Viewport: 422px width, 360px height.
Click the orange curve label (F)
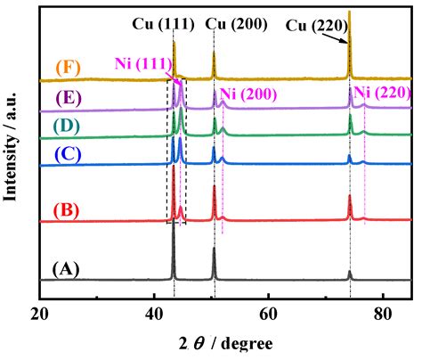pyautogui.click(x=69, y=67)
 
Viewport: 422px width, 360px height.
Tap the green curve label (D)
pyautogui.click(x=69, y=126)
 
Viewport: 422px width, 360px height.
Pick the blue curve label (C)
pyautogui.click(x=69, y=153)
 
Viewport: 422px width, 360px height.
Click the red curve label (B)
pyautogui.click(x=69, y=211)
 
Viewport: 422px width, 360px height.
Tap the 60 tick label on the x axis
pyautogui.click(x=268, y=315)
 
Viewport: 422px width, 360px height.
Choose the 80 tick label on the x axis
pyautogui.click(x=382, y=315)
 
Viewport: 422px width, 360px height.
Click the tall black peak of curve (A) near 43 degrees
pyautogui.click(x=174, y=250)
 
